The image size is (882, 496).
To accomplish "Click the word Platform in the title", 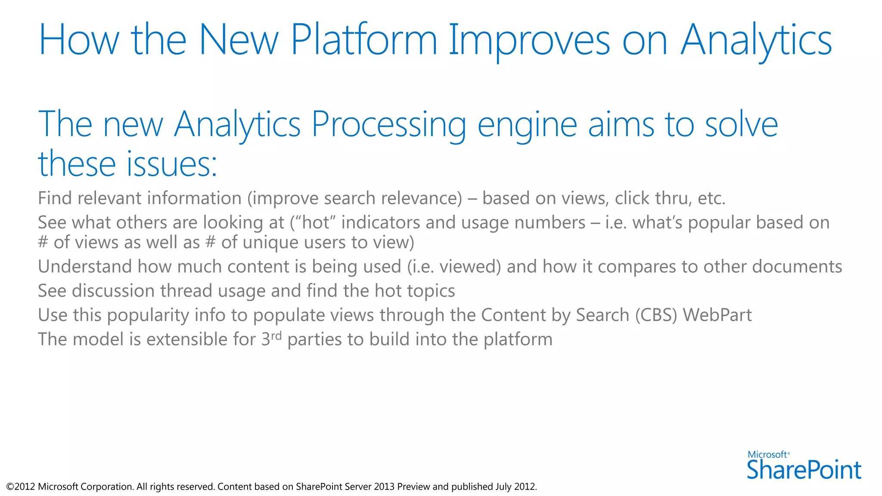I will click(x=364, y=40).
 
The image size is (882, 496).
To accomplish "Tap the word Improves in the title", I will click(x=529, y=40).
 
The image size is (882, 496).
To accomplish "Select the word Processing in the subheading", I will click(x=388, y=125).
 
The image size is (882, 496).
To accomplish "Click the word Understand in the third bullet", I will click(x=85, y=267).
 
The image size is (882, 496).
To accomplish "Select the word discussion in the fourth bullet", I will click(x=113, y=291).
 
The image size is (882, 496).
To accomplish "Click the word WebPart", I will click(x=717, y=315).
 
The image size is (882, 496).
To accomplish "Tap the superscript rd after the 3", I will click(x=276, y=335).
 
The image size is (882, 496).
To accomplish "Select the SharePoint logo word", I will click(x=804, y=470).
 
